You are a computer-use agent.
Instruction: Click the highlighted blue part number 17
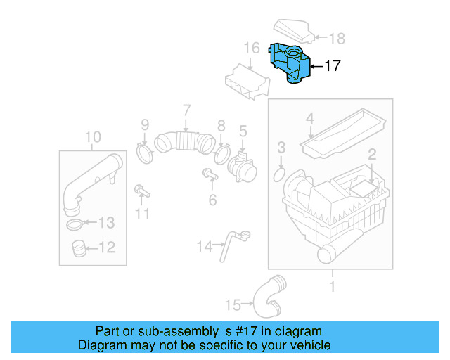point(291,63)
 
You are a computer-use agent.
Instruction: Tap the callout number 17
point(332,66)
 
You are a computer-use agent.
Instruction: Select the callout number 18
point(337,38)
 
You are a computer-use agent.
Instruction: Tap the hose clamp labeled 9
point(144,151)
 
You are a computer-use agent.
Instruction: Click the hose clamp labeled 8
point(222,152)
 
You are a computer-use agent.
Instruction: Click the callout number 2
point(372,153)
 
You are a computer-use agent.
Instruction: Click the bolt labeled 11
point(141,190)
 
